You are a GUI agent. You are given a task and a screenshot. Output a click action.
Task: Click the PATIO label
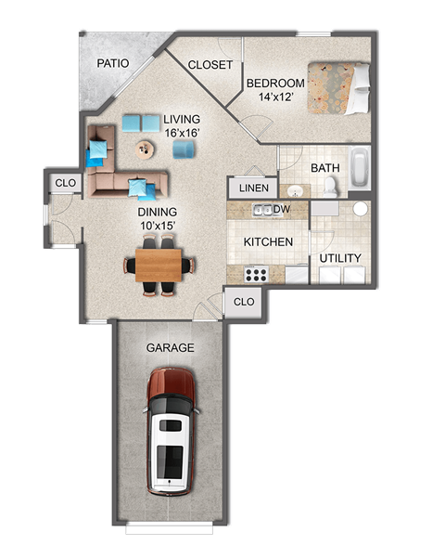click(x=114, y=64)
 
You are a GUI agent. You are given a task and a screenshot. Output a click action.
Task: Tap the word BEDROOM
click(x=276, y=83)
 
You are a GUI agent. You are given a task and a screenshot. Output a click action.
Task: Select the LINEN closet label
click(x=253, y=188)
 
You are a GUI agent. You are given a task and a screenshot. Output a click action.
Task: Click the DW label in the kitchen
click(x=282, y=210)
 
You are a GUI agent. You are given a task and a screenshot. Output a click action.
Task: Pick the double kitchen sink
click(x=264, y=210)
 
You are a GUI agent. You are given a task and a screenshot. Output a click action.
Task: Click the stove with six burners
click(x=255, y=274)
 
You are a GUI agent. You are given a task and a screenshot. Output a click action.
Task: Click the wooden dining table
click(x=159, y=265)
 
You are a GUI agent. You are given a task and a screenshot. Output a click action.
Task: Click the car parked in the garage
click(x=172, y=433)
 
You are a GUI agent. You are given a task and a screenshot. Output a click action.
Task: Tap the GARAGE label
click(x=170, y=348)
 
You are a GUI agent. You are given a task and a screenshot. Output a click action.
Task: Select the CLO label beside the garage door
click(x=244, y=303)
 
